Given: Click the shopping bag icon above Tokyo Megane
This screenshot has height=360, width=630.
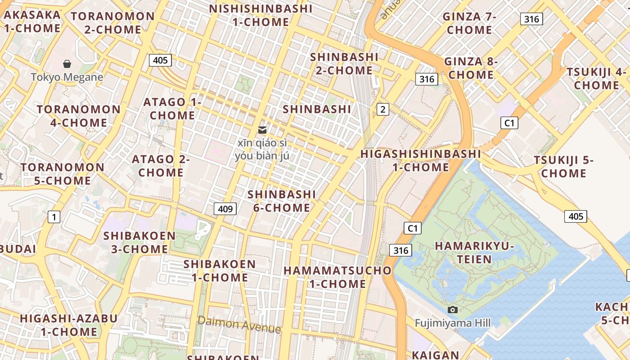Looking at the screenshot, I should click(67, 64).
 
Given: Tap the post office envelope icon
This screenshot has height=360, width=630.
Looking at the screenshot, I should click(262, 130).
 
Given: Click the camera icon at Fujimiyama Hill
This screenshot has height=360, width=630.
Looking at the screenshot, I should click(453, 310).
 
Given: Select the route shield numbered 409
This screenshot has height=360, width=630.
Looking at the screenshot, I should click(225, 208).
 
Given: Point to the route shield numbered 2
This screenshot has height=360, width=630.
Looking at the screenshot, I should click(382, 109).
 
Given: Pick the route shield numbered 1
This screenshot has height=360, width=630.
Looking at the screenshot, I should click(54, 217).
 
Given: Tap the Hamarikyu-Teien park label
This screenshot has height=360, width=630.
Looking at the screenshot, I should click(474, 252).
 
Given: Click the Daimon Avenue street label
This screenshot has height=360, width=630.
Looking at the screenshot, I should click(239, 324).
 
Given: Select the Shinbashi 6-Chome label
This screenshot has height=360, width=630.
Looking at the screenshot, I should click(282, 201).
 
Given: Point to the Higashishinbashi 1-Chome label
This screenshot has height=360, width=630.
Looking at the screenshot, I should click(421, 160).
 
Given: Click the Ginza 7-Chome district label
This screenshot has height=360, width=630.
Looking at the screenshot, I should click(469, 23).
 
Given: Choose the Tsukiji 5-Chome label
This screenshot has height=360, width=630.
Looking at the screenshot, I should click(563, 166).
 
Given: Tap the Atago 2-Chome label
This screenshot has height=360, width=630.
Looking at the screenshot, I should click(161, 166).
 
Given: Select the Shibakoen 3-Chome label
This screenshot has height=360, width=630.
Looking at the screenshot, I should click(139, 242).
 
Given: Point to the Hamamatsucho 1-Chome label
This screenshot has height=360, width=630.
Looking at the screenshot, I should click(337, 277).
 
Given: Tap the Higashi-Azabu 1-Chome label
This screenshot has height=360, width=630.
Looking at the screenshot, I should click(69, 325).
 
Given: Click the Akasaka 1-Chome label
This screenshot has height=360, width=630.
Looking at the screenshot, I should click(32, 21).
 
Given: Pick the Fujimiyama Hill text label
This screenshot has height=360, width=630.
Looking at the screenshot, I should click(453, 323).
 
